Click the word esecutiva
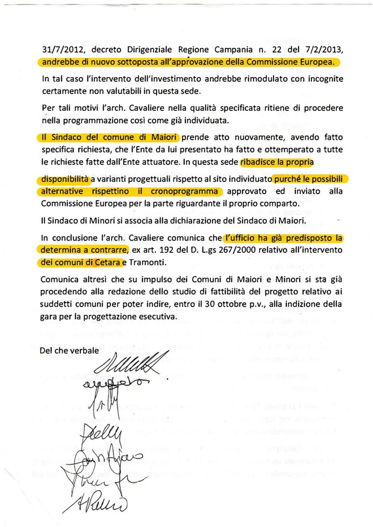click(x=157, y=317)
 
